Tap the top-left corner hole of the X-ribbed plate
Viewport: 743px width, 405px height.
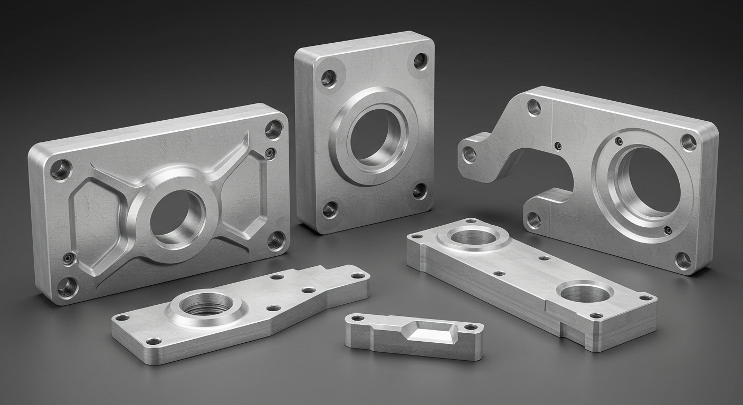61,170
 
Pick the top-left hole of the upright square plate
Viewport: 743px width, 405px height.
328,79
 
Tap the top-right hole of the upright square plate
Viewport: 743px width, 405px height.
421,61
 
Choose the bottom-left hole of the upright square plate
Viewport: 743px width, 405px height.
330,209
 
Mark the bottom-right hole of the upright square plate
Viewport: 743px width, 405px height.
420,190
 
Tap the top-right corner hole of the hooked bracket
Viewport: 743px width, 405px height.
688,142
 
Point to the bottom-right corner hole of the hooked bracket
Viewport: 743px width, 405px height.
683,259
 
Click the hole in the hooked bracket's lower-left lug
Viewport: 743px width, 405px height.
534,219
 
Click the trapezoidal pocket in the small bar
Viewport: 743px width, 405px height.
429,332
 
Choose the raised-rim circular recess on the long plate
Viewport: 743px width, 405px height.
474,237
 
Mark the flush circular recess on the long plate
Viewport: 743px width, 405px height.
585,292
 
